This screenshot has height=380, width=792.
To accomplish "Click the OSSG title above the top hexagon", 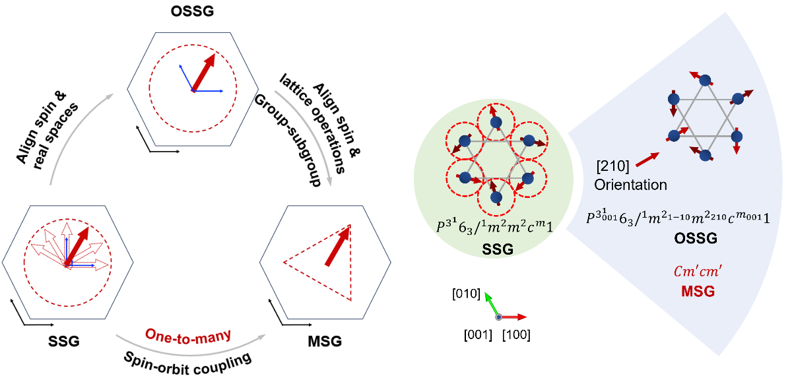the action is [x=192, y=11].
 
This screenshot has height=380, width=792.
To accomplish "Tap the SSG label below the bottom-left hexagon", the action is [x=64, y=341].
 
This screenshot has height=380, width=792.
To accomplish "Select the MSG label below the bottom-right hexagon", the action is [x=325, y=341].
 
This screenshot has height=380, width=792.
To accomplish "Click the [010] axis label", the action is [x=466, y=294].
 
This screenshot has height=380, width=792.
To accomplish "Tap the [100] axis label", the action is [x=516, y=334].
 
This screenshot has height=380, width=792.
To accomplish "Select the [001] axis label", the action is [x=478, y=334].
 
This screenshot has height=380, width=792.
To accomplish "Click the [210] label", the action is [x=612, y=166].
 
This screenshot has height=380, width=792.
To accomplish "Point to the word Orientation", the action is [x=630, y=185].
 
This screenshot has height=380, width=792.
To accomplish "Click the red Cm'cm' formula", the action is [x=698, y=272].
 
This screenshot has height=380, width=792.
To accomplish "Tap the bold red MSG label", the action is [x=698, y=292].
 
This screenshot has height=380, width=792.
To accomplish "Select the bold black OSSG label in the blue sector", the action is [x=696, y=238].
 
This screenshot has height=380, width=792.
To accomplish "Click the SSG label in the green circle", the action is [x=498, y=249].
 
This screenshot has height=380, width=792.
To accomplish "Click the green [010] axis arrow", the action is [x=491, y=304].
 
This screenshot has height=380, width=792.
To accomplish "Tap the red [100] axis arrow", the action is [x=513, y=317].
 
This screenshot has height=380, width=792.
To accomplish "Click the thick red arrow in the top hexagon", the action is [x=204, y=73].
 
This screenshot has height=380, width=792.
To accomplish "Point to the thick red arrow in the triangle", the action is [x=338, y=246].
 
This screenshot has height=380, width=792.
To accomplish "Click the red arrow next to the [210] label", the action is [x=647, y=159].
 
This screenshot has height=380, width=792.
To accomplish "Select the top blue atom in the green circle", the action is [x=496, y=122].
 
